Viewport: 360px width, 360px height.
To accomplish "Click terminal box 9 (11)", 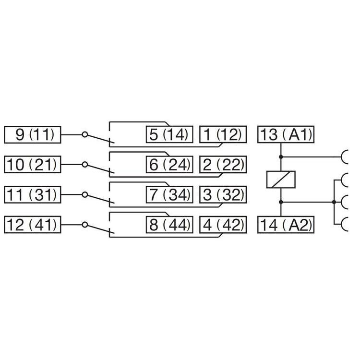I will click(x=33, y=135).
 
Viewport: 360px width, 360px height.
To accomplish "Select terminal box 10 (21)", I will click(x=33, y=165).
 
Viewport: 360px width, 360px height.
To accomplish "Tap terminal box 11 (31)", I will click(x=33, y=195).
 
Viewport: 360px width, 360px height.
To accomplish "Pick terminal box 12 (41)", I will click(x=33, y=225).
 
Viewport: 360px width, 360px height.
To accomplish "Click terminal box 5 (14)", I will click(x=169, y=135).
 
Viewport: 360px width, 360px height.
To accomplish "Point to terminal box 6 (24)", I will click(x=169, y=165).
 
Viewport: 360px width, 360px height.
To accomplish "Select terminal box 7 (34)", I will click(x=169, y=195).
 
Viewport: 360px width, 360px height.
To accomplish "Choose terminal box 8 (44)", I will click(x=169, y=225).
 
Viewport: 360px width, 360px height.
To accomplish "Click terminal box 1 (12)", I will click(x=223, y=135).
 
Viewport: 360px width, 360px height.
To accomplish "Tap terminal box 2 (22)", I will click(x=223, y=165).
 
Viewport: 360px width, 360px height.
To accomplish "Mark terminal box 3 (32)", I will click(x=223, y=195).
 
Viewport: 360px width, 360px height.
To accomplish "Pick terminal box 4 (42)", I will click(x=223, y=225).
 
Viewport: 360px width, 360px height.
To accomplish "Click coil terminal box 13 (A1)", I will click(x=286, y=135).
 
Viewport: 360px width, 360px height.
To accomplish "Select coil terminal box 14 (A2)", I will click(x=286, y=225).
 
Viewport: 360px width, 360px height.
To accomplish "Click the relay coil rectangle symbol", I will click(x=281, y=180).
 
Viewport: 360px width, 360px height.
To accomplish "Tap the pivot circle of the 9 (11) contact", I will click(x=84, y=135).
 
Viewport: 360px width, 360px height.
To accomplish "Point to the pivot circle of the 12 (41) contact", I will click(x=84, y=225).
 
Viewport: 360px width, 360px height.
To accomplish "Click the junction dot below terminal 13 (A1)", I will click(x=281, y=156).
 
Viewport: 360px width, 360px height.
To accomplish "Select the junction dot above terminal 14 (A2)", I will click(x=281, y=202).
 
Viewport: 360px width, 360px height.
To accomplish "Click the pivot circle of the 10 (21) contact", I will click(x=84, y=165).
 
